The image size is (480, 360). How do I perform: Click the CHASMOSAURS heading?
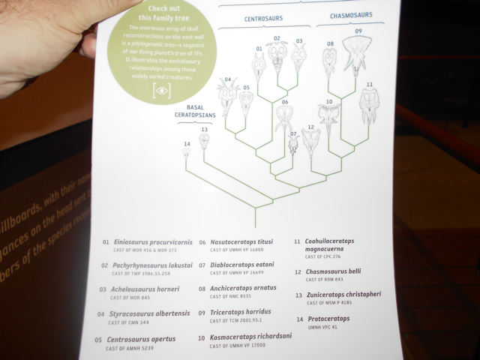click(351, 16)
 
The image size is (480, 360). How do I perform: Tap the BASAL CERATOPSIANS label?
click(194, 112)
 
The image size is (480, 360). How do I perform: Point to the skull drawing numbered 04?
click(226, 98)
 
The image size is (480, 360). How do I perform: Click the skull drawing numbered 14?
click(187, 153)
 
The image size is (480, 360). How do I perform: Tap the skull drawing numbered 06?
click(284, 118)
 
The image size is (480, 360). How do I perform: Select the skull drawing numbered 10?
click(328, 118)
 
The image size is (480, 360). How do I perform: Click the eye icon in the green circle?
click(161, 90)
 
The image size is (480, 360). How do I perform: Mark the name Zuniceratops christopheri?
click(343, 295)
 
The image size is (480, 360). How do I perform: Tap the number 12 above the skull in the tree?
click(310, 127)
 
